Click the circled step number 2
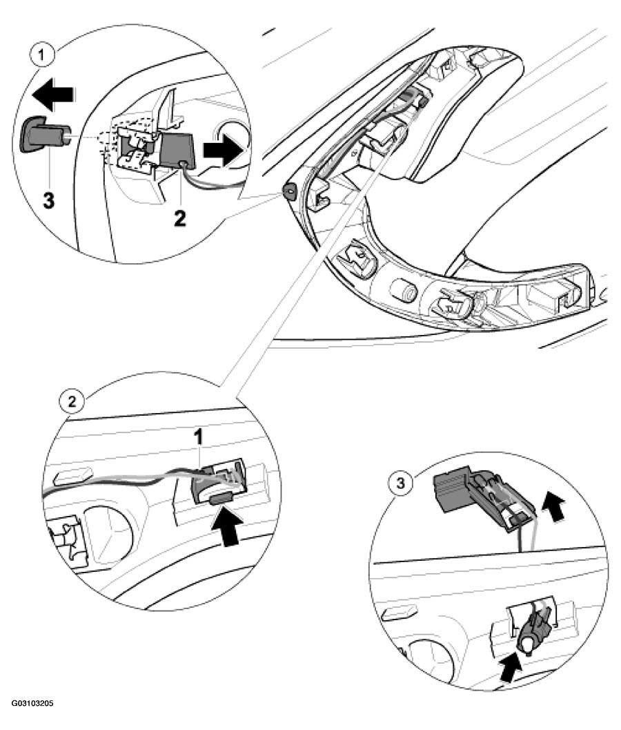[72, 401]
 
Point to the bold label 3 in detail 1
[48, 201]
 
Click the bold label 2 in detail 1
[179, 218]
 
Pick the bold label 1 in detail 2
[199, 438]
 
